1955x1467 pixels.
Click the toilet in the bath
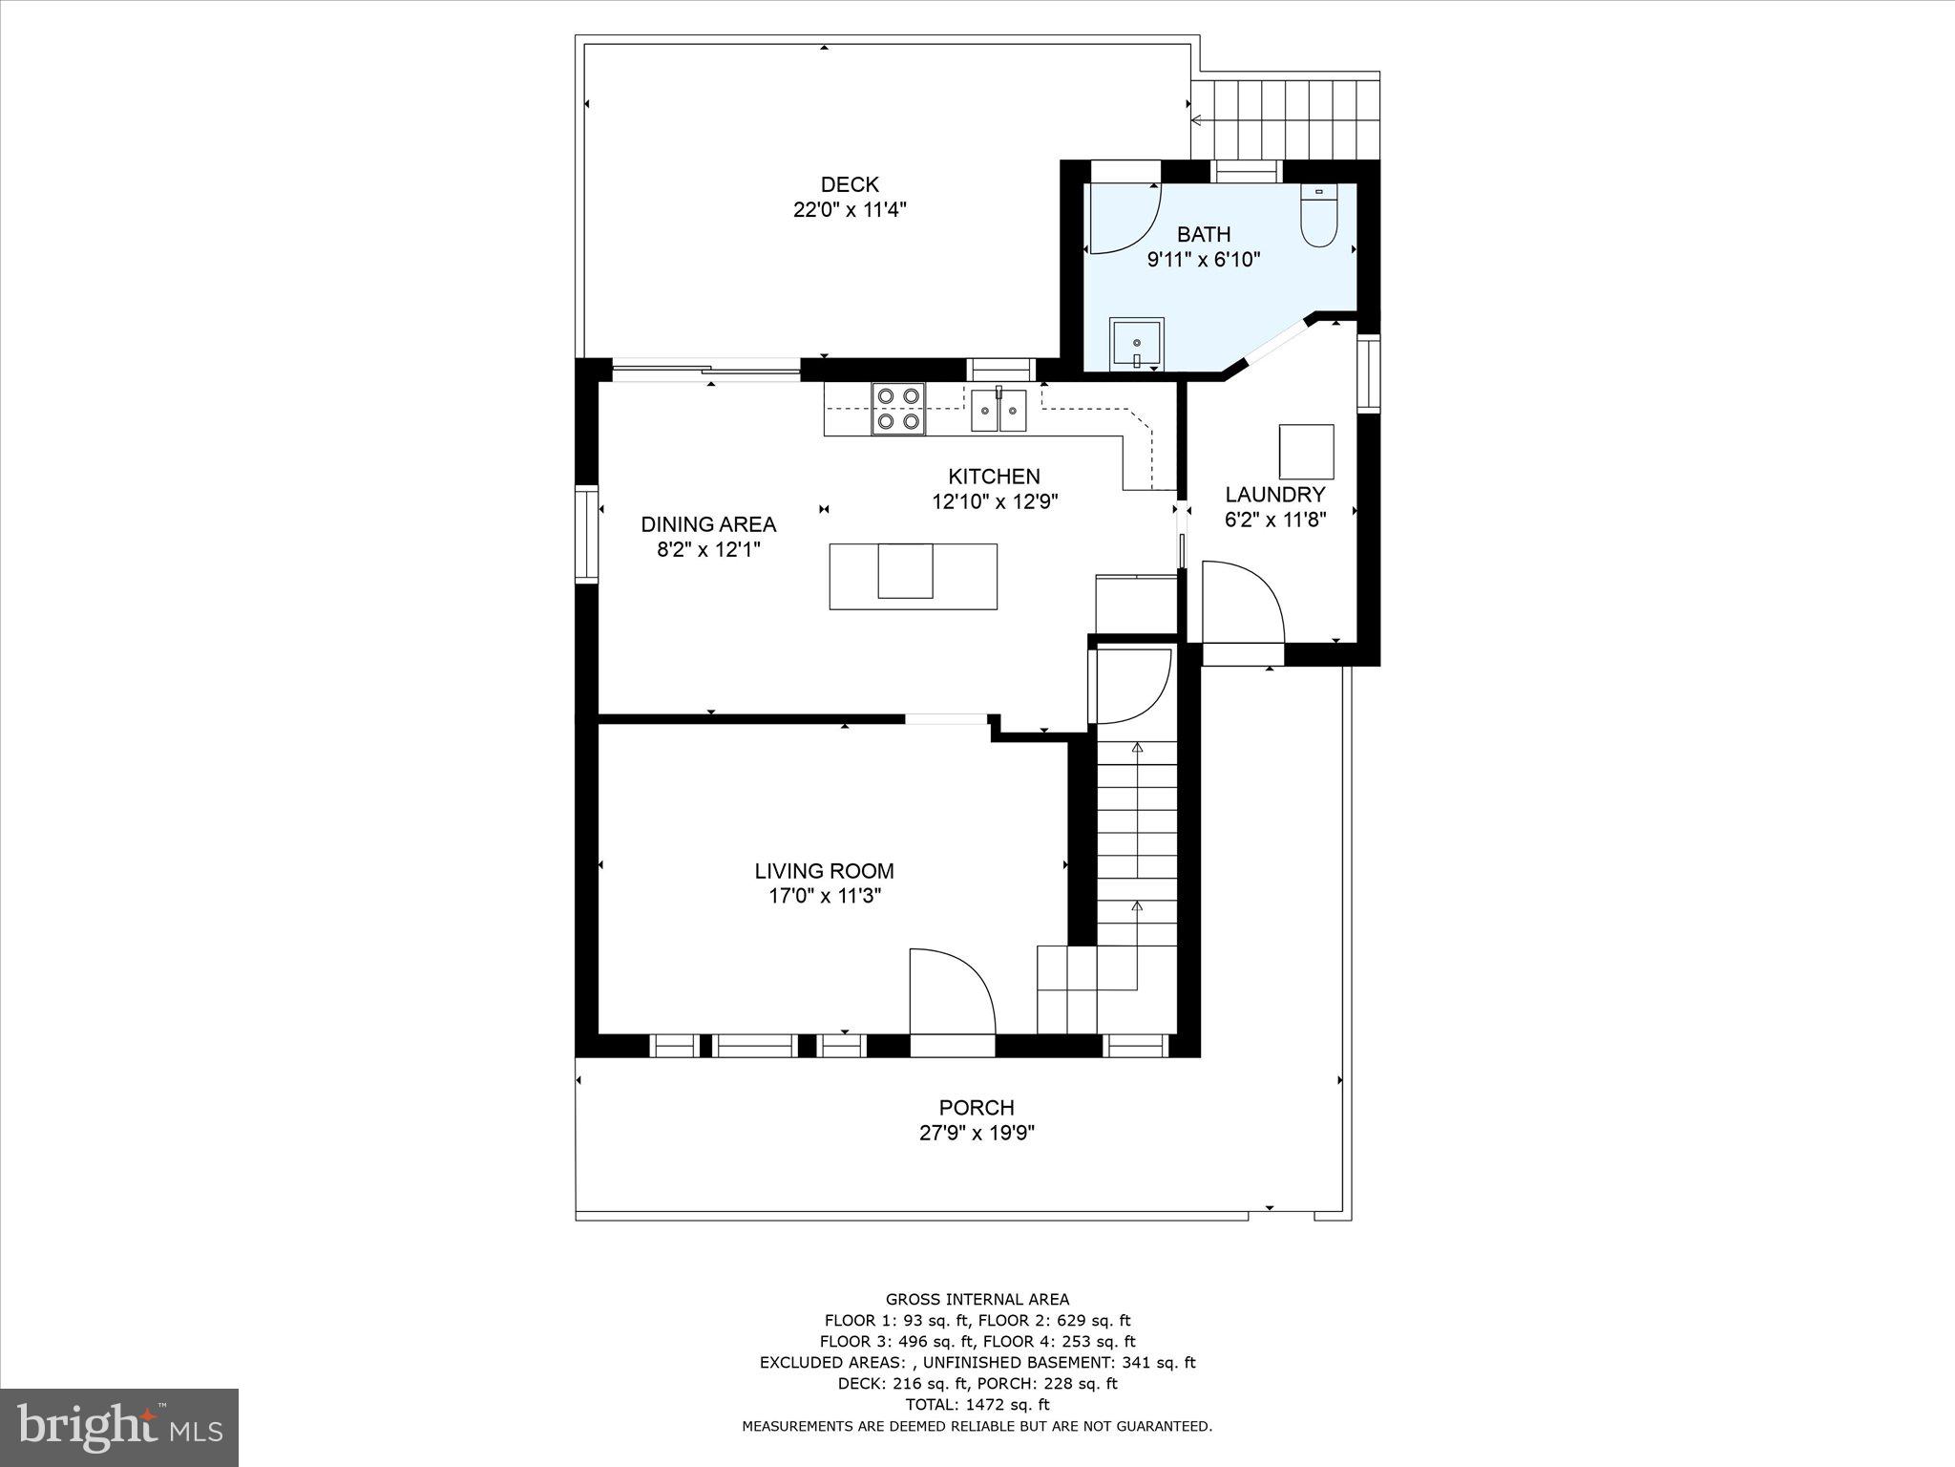(1318, 218)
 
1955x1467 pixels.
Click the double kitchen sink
(999, 411)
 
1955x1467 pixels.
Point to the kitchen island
(913, 576)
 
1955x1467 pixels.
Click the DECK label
(849, 184)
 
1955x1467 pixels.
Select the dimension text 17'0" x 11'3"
(824, 896)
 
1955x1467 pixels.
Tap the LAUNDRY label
(1274, 495)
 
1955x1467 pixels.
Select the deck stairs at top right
(1285, 119)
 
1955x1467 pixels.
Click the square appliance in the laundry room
(1306, 452)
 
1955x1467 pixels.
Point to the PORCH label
(976, 1108)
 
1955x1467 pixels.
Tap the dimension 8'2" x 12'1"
(707, 550)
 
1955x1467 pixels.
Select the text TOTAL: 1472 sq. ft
(977, 1405)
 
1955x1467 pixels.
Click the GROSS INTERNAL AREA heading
(977, 1299)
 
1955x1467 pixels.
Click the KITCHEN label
(993, 477)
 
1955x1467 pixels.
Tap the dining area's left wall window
(585, 534)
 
